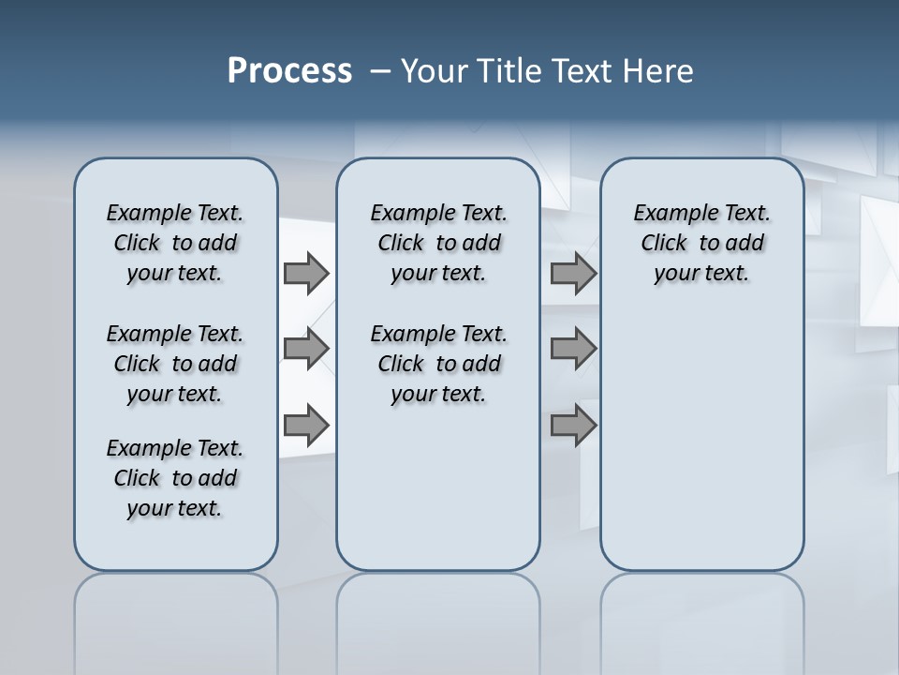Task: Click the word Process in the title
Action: click(289, 71)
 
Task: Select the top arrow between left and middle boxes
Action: click(306, 273)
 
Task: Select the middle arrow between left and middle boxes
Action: click(306, 348)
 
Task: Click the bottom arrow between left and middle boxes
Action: click(306, 425)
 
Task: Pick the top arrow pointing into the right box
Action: click(573, 273)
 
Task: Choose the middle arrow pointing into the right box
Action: click(573, 348)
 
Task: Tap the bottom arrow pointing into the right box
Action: click(573, 425)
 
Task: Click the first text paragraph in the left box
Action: click(175, 243)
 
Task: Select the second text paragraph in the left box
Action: click(175, 364)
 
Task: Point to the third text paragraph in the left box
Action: click(175, 478)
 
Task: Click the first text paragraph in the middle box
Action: click(438, 243)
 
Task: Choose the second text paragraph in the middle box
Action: click(438, 364)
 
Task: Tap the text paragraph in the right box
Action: click(701, 243)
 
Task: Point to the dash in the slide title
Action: click(380, 71)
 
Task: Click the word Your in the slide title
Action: click(435, 71)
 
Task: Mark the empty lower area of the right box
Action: click(701, 441)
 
